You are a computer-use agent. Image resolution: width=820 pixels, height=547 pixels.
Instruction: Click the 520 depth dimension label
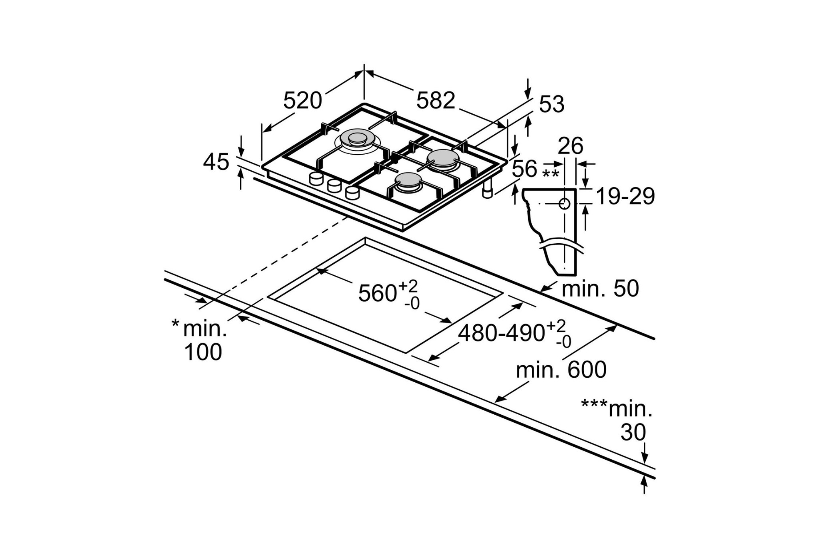tap(302, 101)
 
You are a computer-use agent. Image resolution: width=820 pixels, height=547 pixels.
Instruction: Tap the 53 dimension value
tap(551, 104)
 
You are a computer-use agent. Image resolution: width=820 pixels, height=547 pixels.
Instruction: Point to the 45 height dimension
tap(216, 162)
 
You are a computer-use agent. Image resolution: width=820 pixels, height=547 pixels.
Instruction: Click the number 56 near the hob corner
tap(524, 169)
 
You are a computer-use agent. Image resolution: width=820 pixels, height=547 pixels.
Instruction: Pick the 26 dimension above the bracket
tap(570, 146)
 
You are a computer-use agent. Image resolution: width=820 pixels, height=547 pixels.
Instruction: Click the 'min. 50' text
tap(600, 289)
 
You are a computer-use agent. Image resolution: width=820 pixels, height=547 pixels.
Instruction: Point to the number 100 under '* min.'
tap(203, 352)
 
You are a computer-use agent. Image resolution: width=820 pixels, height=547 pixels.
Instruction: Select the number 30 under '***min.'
tap(633, 432)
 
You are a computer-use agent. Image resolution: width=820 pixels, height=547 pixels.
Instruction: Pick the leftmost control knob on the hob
tap(316, 178)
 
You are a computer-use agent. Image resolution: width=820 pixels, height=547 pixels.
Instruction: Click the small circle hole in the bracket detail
tap(564, 204)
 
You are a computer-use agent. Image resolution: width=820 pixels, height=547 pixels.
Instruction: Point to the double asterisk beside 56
tap(550, 174)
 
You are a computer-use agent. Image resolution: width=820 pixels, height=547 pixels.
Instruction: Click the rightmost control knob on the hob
tap(352, 193)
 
